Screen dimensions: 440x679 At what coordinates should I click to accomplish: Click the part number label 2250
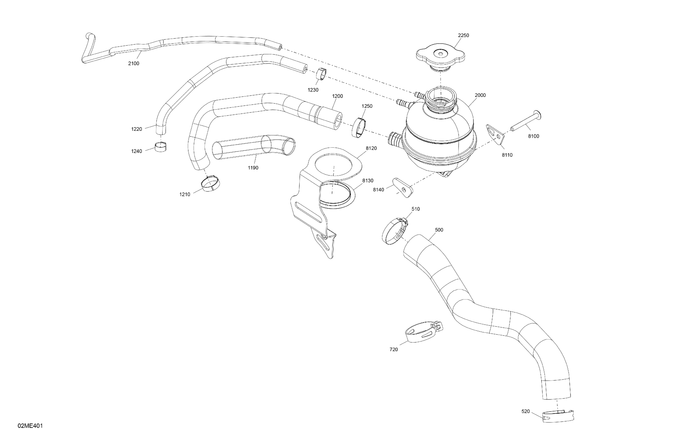[463, 35]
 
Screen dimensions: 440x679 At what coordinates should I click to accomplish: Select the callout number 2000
[480, 95]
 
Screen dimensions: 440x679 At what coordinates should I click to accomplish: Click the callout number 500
[439, 230]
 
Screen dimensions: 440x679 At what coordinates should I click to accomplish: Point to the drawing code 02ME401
[30, 426]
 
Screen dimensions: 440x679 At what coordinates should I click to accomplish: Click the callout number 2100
[134, 63]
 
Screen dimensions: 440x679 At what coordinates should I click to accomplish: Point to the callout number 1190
[253, 168]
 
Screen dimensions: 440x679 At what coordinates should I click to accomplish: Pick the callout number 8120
[371, 148]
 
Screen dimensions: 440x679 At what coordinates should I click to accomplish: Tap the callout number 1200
[337, 96]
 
